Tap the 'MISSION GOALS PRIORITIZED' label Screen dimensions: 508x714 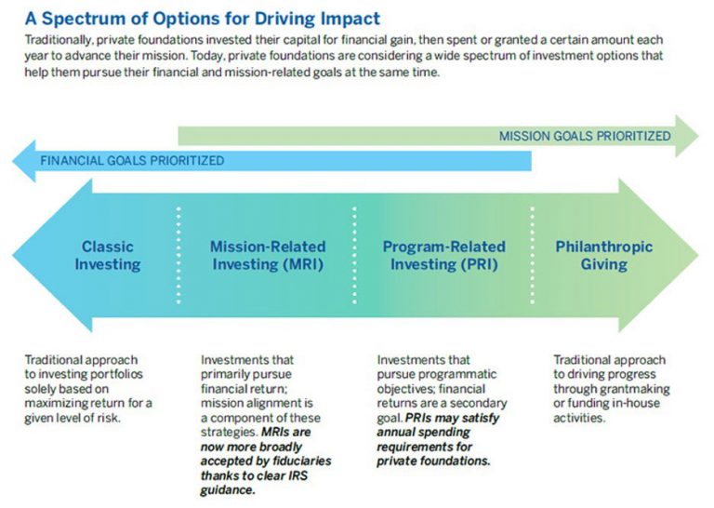584,136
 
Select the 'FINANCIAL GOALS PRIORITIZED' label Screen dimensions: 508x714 131,160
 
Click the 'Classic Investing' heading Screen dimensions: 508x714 108,256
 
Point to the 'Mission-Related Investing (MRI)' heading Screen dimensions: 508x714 268,256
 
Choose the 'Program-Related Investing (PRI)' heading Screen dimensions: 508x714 443,256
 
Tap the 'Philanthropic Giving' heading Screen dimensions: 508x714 603,256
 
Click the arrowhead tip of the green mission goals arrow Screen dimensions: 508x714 698,136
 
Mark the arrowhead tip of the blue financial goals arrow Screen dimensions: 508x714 14,160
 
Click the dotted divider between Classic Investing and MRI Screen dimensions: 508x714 179,255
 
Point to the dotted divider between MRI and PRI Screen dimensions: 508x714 355,255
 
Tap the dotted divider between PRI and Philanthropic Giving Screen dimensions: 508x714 532,255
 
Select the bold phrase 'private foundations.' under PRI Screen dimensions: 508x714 433,460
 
